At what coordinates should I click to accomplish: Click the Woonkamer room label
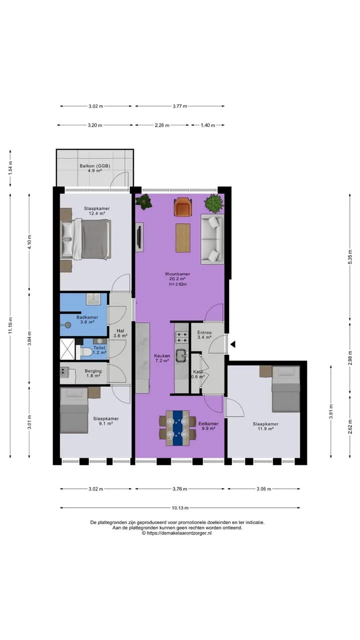[177, 273]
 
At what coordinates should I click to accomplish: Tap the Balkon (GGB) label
[95, 165]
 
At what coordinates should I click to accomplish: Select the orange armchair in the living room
[183, 207]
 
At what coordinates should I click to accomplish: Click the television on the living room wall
[139, 237]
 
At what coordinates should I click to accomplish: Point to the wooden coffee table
[183, 237]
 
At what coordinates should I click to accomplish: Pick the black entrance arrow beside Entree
[233, 344]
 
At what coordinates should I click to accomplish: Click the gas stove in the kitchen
[181, 337]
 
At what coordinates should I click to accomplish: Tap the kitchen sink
[181, 355]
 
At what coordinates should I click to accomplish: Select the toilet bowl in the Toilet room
[86, 352]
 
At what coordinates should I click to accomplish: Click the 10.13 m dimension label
[180, 507]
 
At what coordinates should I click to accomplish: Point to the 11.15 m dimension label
[10, 325]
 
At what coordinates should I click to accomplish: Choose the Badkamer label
[87, 317]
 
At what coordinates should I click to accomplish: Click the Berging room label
[93, 371]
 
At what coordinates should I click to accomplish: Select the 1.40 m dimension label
[207, 125]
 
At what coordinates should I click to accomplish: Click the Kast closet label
[197, 371]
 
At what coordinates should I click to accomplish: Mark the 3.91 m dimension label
[331, 411]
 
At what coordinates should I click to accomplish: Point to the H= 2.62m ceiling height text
[177, 284]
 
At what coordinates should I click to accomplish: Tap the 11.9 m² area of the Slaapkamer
[265, 428]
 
